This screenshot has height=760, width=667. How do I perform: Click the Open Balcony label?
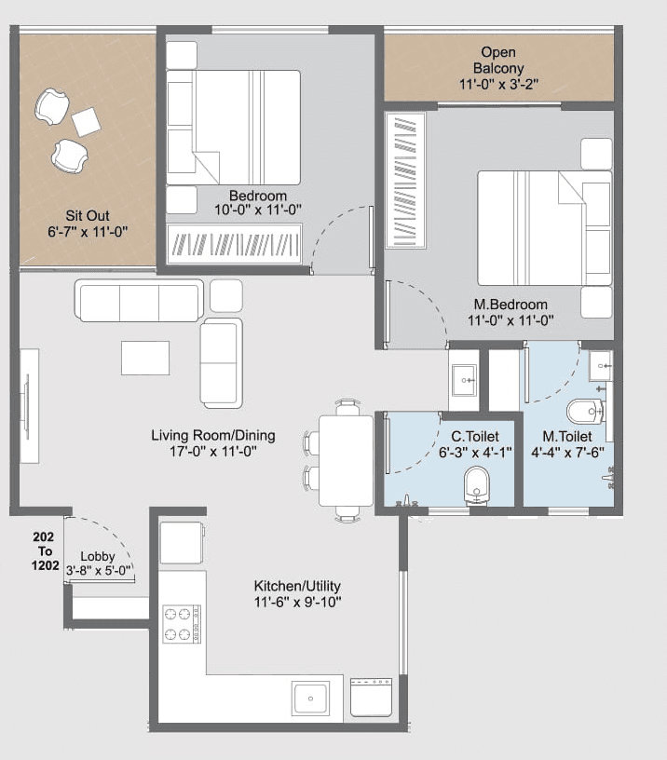(498, 61)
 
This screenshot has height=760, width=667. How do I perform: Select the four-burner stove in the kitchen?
(183, 624)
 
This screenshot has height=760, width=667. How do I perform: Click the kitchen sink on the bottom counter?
(310, 698)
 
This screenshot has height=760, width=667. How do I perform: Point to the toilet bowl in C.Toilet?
(477, 484)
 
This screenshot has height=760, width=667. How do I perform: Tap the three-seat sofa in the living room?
(140, 302)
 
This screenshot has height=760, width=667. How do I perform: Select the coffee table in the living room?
(145, 358)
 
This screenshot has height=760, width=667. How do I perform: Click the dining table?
(346, 460)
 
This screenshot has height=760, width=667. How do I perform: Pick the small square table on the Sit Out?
(87, 122)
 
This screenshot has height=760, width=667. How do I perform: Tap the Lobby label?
(97, 557)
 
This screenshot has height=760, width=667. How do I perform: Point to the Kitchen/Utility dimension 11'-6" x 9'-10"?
(297, 602)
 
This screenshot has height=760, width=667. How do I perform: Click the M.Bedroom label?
(510, 305)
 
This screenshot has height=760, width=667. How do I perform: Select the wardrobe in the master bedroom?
(406, 180)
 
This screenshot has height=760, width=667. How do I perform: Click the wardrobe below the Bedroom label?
(234, 243)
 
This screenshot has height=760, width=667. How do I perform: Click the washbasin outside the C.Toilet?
(463, 378)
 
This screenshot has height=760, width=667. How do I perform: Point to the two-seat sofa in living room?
(221, 362)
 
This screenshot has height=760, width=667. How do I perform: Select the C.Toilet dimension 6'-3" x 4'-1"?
(475, 452)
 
